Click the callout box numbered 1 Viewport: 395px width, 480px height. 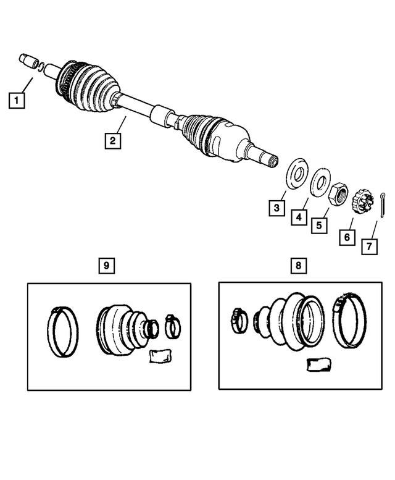point(17,99)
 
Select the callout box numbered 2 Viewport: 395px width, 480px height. point(112,141)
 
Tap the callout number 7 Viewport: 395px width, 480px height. point(368,246)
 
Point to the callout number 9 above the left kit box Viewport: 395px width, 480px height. point(106,266)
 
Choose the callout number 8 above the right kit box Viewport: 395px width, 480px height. point(298,266)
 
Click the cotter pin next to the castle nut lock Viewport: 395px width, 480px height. point(384,203)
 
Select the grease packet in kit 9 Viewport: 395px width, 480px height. point(159,357)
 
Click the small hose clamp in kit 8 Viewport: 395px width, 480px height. point(238,318)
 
